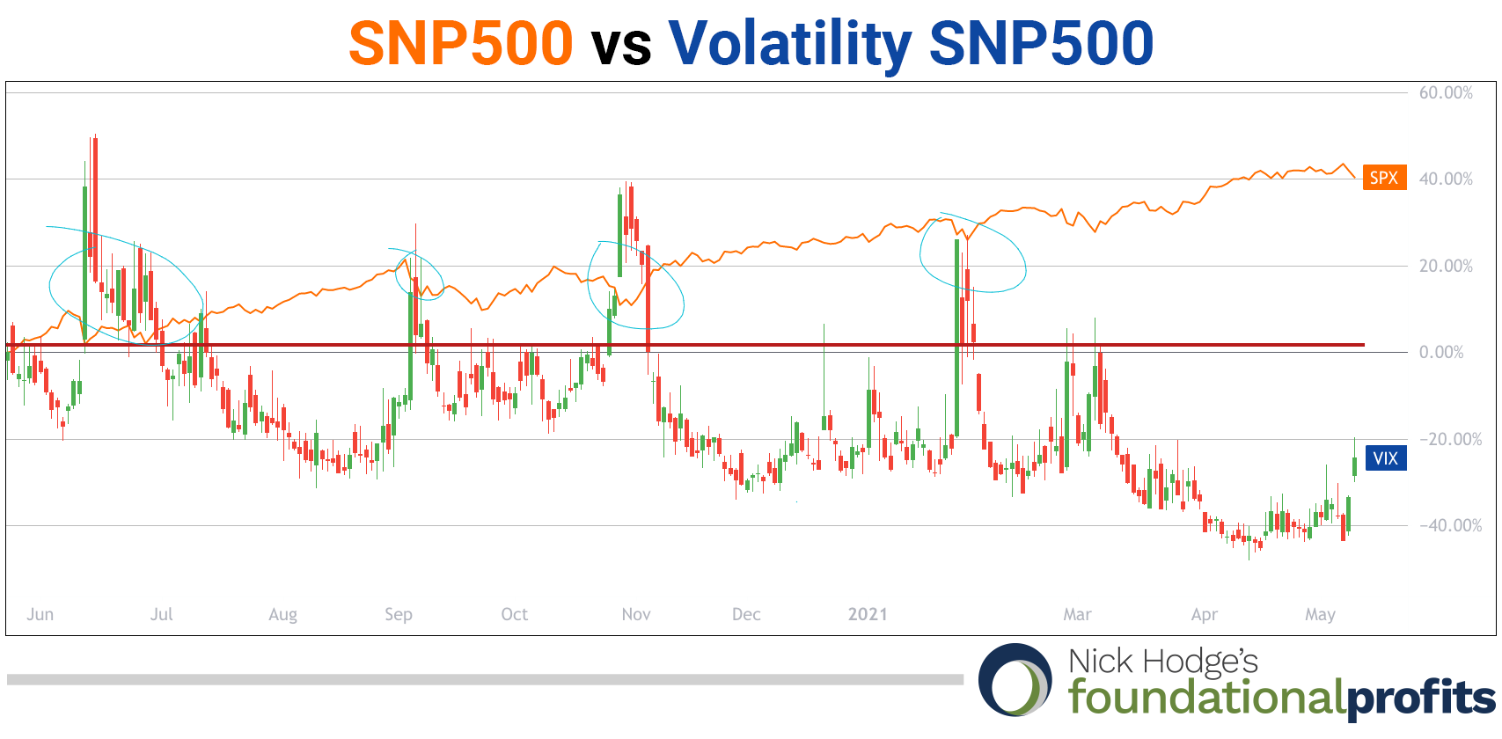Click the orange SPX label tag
pyautogui.click(x=1384, y=178)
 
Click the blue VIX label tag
pyautogui.click(x=1385, y=458)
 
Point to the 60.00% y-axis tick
pyautogui.click(x=1446, y=92)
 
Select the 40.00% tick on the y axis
pyautogui.click(x=1446, y=179)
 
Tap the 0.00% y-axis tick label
pyautogui.click(x=1441, y=352)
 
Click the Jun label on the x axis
pyautogui.click(x=40, y=614)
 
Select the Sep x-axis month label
pyautogui.click(x=399, y=614)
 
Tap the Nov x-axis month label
pyautogui.click(x=636, y=614)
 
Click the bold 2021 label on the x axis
pyautogui.click(x=868, y=614)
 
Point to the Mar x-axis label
pyautogui.click(x=1077, y=614)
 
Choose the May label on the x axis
pyautogui.click(x=1320, y=614)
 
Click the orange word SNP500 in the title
pyautogui.click(x=461, y=43)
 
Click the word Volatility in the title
pyautogui.click(x=789, y=43)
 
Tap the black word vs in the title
pyautogui.click(x=621, y=45)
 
